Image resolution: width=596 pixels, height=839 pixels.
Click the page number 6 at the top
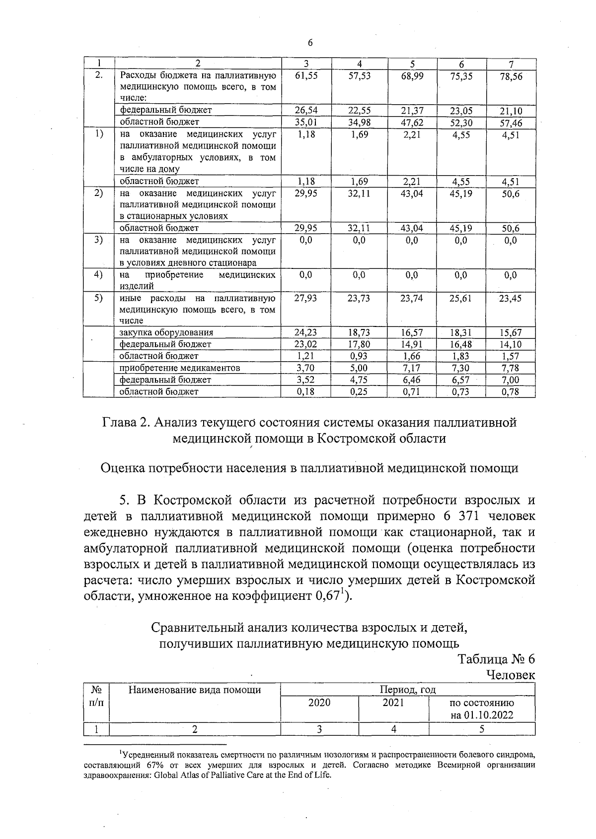(310, 43)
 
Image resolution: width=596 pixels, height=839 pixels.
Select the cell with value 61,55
(306, 76)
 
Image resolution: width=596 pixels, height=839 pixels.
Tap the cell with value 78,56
(511, 77)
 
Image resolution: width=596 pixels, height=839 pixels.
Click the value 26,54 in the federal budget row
(306, 110)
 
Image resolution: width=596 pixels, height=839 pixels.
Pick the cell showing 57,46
(511, 123)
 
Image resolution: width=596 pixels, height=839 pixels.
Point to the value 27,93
(306, 298)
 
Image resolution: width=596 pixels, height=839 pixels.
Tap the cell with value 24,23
(306, 332)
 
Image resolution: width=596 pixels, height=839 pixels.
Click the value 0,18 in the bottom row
(306, 391)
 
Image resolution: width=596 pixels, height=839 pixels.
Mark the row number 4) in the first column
(99, 274)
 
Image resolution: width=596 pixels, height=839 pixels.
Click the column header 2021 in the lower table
(393, 703)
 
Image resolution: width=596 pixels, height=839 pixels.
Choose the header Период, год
(407, 690)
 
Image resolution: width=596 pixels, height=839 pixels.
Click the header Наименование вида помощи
(195, 690)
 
